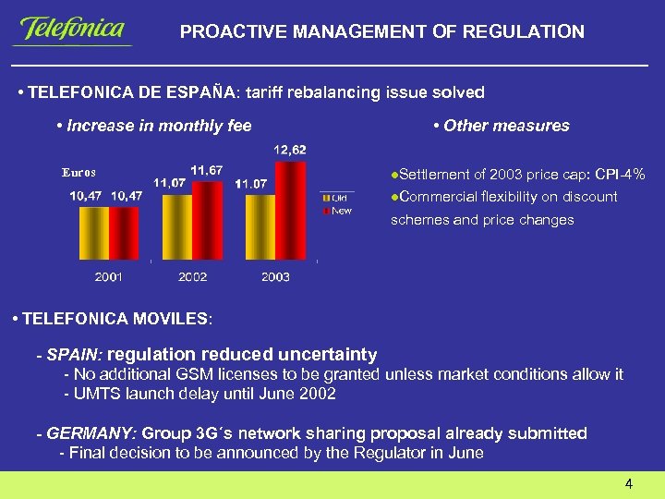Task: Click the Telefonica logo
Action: tap(72, 30)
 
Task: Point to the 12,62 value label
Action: tap(290, 149)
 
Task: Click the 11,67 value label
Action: tap(206, 170)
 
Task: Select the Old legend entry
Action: tap(336, 198)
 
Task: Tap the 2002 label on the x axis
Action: tap(192, 276)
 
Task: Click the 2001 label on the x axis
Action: tap(109, 276)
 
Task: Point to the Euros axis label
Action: tap(79, 172)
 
